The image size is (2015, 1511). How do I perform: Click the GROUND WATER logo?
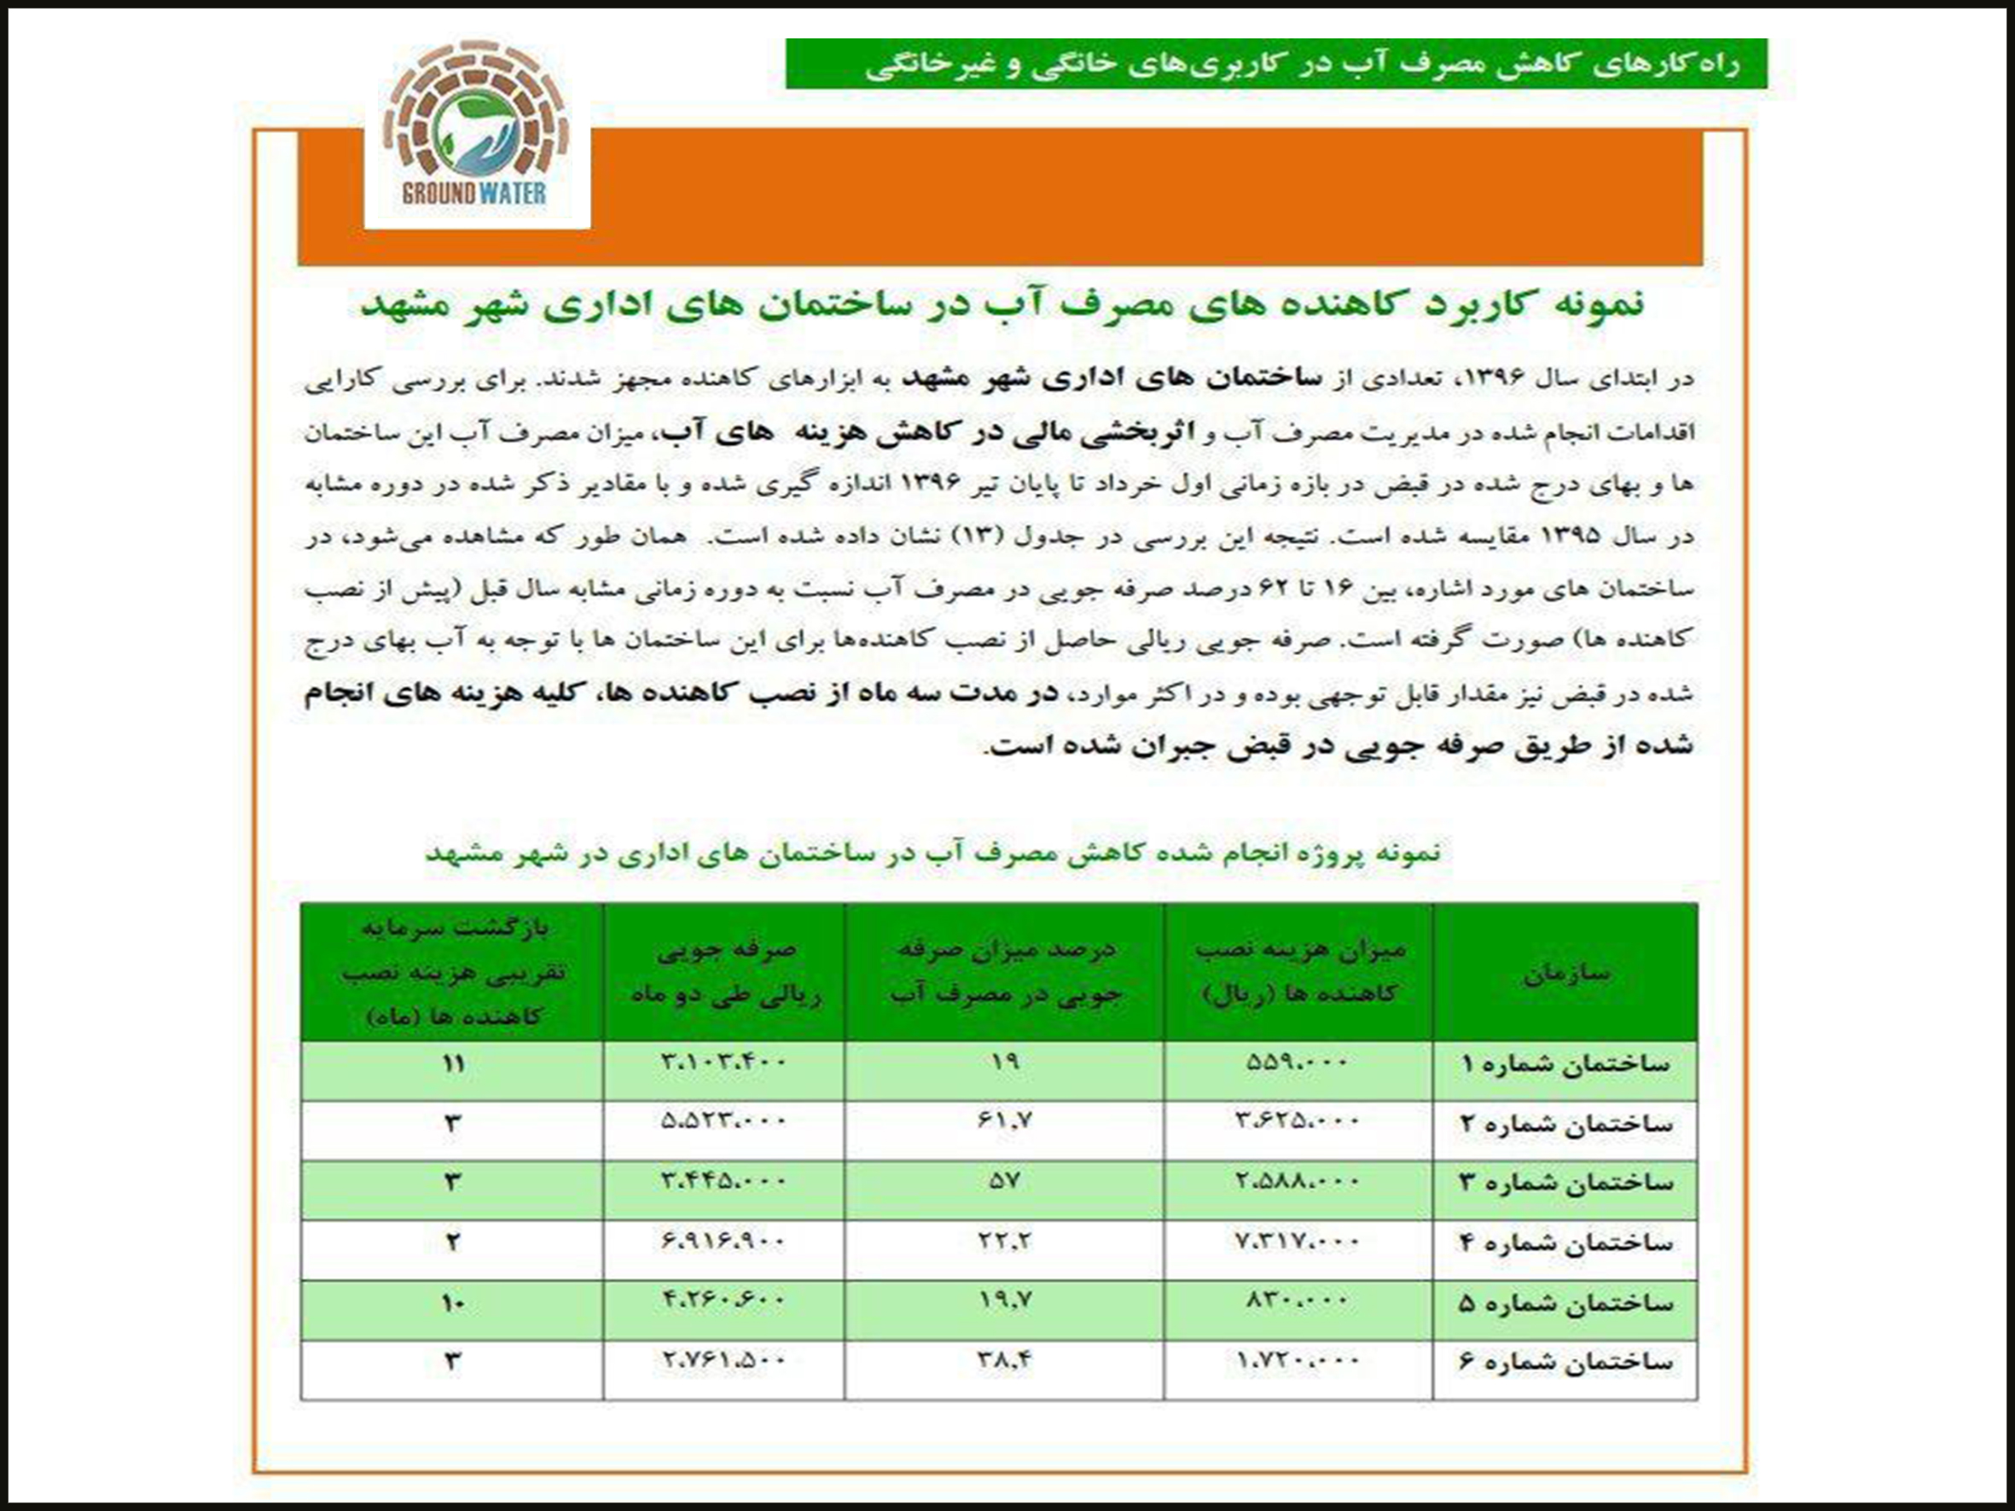point(476,128)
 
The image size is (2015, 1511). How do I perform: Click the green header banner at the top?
point(1275,64)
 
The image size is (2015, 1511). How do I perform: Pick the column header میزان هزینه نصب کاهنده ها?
point(1299,971)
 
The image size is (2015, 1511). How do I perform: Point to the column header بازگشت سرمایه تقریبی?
point(453,971)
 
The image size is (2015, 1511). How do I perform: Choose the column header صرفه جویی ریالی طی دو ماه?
point(725,971)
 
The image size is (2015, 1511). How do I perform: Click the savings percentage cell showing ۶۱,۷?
point(1004,1123)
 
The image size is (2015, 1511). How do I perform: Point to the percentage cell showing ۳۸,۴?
point(1004,1361)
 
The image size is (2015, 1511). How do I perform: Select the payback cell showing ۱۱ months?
point(453,1064)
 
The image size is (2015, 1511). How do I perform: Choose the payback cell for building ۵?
point(453,1303)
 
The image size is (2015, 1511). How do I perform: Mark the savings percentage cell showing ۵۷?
point(1004,1182)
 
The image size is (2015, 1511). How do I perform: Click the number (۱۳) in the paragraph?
point(971,536)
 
